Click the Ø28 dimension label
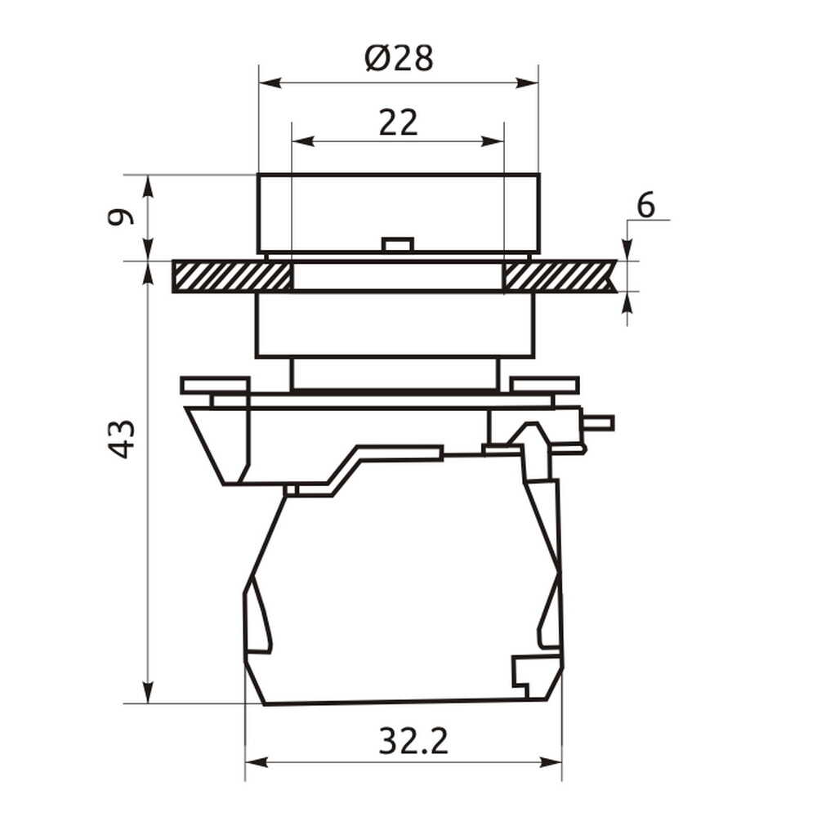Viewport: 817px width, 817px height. [399, 58]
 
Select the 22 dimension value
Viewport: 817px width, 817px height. [398, 123]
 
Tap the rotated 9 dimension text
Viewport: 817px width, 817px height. [120, 217]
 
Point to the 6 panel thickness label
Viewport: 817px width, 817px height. [645, 205]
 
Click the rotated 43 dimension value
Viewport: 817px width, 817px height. [121, 439]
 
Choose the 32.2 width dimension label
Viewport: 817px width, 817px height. [413, 741]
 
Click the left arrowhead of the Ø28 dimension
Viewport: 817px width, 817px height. [270, 83]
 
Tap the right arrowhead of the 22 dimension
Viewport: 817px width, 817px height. [493, 141]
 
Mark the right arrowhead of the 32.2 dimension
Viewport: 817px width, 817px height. [551, 763]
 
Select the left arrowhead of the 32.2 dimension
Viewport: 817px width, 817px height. [257, 763]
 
